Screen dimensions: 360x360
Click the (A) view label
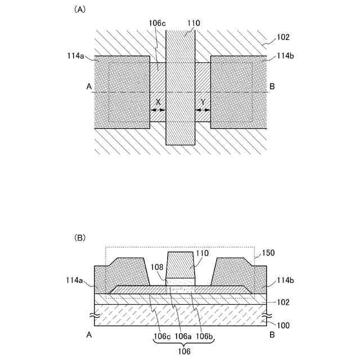click(80, 10)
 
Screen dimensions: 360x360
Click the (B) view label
click(80, 238)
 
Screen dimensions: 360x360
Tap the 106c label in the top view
click(157, 24)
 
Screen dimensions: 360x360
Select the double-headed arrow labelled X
click(158, 110)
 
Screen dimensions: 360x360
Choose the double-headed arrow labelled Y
click(202, 110)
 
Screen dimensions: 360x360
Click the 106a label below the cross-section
click(182, 337)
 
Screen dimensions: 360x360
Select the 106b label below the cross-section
click(204, 337)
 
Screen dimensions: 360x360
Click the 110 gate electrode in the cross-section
click(181, 265)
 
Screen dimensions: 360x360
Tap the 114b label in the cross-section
click(285, 280)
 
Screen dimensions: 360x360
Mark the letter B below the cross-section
click(272, 334)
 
